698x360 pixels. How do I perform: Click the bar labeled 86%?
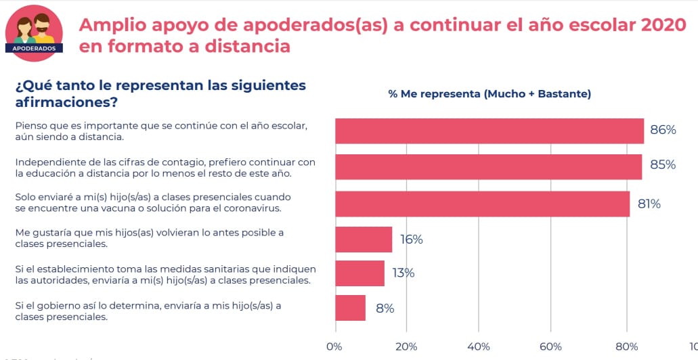(x=489, y=131)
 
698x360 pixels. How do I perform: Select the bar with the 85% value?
(x=488, y=167)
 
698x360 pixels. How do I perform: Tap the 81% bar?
(x=482, y=204)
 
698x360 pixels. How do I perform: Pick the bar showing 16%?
(x=364, y=239)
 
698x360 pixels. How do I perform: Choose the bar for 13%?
(x=359, y=273)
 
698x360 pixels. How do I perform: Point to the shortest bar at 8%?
(x=350, y=308)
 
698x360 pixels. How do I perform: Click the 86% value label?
(x=663, y=130)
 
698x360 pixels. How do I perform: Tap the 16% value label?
(x=410, y=240)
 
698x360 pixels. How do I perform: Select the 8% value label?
(x=385, y=309)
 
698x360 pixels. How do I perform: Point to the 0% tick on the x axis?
(x=334, y=346)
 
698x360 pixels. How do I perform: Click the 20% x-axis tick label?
(x=406, y=346)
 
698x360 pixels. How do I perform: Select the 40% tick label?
(x=478, y=346)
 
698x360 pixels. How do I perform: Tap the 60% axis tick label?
(x=550, y=346)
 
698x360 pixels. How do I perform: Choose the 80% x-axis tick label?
(x=627, y=346)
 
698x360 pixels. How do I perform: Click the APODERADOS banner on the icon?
(x=34, y=48)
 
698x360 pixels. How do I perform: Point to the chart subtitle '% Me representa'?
(x=489, y=94)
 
